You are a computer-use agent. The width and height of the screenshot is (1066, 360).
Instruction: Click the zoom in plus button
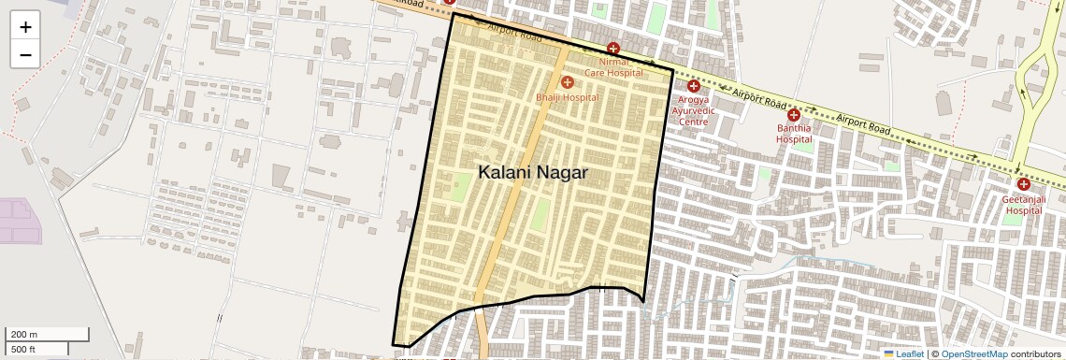25,27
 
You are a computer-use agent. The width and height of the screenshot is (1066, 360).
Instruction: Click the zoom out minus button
25,54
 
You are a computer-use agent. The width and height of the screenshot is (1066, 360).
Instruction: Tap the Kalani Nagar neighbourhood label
533,173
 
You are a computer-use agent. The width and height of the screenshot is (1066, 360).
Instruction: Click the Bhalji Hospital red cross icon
568,83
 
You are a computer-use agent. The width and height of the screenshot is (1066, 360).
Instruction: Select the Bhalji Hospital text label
568,97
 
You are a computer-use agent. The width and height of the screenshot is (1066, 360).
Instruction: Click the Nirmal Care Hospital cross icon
613,49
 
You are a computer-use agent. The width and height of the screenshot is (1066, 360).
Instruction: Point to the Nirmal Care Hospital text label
614,66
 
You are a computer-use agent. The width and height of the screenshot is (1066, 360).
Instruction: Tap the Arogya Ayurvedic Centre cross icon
694,86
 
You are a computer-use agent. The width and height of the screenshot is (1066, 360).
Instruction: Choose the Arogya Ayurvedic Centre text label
694,109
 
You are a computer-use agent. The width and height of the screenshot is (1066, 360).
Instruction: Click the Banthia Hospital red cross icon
794,114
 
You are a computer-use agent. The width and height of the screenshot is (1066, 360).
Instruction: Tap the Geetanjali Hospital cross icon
1024,184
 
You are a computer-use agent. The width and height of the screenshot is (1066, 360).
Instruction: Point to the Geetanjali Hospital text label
1023,205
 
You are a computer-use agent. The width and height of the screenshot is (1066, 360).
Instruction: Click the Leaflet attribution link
903,353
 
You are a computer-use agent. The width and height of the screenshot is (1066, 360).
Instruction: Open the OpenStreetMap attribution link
973,353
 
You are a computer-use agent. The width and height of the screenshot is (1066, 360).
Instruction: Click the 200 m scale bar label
23,335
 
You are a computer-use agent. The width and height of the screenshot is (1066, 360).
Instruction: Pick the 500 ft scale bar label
23,349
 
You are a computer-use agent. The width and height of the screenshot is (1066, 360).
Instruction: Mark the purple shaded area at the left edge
19,221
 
